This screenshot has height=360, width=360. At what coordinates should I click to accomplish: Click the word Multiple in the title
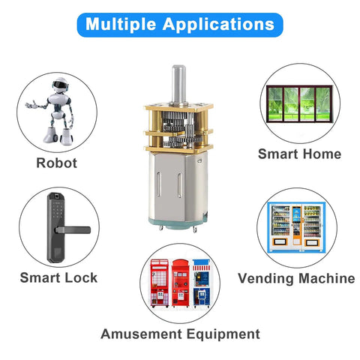[x=121, y=24]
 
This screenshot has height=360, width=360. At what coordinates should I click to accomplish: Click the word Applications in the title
[x=219, y=24]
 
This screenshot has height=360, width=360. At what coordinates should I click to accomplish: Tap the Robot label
[x=57, y=163]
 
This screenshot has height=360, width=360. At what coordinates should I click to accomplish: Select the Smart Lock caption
[x=58, y=277]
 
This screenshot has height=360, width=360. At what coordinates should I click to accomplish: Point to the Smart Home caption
[x=299, y=154]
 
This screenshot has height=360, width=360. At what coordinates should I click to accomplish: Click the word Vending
[x=265, y=278]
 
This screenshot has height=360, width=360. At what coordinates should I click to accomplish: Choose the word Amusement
[x=141, y=334]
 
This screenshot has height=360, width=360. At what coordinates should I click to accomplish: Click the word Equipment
[x=223, y=334]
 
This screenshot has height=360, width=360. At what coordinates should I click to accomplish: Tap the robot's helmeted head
[x=60, y=85]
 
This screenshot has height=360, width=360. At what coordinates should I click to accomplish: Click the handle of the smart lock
[x=73, y=229]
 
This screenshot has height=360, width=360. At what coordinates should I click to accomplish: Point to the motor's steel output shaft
[x=178, y=84]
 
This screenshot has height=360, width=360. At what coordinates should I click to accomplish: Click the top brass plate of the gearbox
[x=178, y=106]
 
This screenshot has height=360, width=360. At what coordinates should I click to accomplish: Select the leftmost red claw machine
[x=159, y=283]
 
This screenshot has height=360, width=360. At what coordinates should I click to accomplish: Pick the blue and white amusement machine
[x=201, y=283]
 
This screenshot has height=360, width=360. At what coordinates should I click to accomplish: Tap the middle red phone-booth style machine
[x=181, y=283]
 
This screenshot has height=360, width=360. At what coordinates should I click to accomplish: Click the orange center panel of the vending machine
[x=297, y=226]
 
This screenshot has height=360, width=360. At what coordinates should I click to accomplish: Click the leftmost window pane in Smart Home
[x=274, y=103]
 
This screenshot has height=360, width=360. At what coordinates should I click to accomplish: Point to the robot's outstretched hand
[x=30, y=105]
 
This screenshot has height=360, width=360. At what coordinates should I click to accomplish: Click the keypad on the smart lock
[x=57, y=211]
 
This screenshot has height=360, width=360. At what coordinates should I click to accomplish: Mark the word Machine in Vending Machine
[x=327, y=278]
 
